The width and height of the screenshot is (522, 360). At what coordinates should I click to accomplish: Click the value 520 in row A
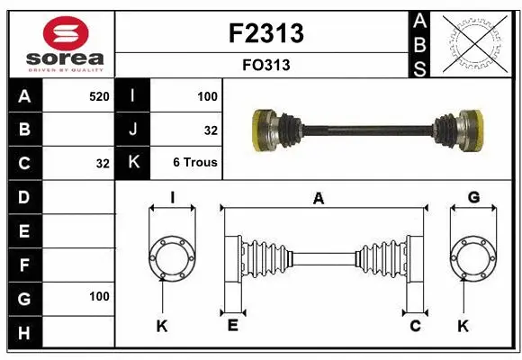(x=99, y=94)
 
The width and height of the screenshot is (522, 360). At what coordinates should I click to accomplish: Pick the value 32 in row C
(x=103, y=164)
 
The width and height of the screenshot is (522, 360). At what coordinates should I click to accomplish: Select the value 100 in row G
(x=99, y=296)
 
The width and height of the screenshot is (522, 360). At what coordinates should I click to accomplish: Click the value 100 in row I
(x=208, y=94)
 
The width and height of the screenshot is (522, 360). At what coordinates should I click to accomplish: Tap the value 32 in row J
(x=211, y=130)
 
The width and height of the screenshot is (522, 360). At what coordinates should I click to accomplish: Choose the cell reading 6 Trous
(x=195, y=163)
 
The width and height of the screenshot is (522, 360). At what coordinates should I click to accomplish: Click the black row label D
(x=24, y=196)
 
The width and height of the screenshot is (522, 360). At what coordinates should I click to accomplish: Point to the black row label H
(x=24, y=333)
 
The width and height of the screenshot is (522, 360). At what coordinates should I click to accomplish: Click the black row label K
(x=133, y=163)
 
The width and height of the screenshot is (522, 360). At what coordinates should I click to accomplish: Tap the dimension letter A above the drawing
(x=318, y=199)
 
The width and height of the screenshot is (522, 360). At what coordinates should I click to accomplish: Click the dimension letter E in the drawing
(x=232, y=326)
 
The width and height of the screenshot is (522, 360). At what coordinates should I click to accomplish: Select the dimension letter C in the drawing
(x=415, y=326)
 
